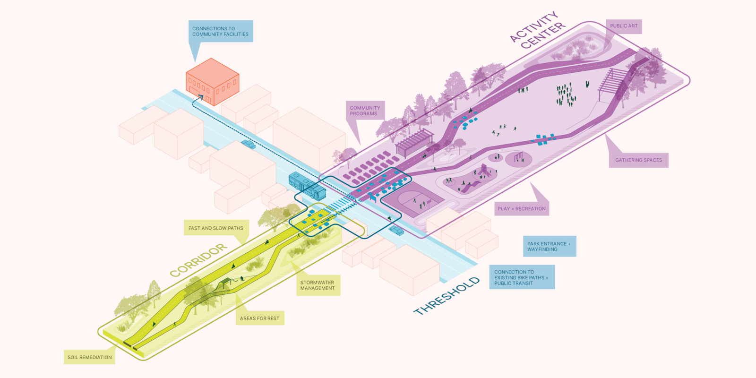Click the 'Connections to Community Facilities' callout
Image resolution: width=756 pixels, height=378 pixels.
pos(221,31)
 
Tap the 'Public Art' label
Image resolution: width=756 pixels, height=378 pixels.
pos(624,26)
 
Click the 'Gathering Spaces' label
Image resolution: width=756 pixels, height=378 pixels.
pos(638,160)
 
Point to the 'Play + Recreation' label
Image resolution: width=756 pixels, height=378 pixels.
pos(522,208)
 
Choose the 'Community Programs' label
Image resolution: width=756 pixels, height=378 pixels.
pos(365,111)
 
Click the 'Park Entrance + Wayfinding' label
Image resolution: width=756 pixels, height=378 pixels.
pos(549,246)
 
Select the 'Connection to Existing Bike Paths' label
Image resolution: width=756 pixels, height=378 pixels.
pos(522,277)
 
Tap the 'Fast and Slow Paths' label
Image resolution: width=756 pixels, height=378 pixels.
pos(216,228)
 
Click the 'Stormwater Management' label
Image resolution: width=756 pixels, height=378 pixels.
pos(318,285)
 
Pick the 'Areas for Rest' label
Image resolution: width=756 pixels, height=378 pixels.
pos(259,318)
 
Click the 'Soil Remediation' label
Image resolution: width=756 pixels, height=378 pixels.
pos(90,357)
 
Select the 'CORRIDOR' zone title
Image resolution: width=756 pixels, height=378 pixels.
pos(198,260)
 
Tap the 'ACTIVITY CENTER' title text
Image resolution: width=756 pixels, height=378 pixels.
pos(538,31)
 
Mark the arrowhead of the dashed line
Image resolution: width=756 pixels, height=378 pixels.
pos(200,97)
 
